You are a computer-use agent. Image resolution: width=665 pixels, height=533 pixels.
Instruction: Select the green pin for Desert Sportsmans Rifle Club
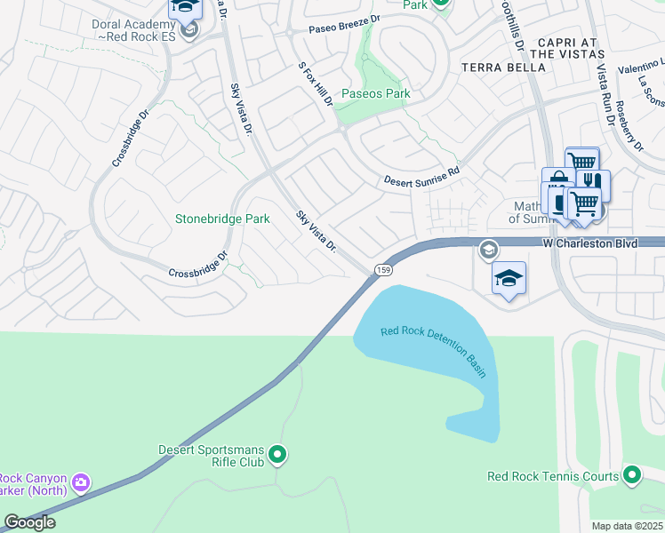point(277,456)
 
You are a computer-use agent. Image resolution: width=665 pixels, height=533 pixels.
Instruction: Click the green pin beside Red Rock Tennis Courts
point(632,476)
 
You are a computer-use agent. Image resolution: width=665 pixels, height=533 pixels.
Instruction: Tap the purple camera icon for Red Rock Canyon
point(82,483)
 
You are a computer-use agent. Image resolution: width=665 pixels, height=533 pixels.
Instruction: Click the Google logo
point(29,522)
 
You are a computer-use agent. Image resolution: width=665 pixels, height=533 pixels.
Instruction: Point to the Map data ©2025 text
point(627,526)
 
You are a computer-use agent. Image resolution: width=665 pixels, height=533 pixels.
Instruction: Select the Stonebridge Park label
point(222,219)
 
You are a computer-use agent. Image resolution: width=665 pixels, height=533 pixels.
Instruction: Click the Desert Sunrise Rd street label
point(421,175)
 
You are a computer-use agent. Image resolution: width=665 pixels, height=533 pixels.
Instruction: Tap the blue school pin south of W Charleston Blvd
point(509,279)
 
